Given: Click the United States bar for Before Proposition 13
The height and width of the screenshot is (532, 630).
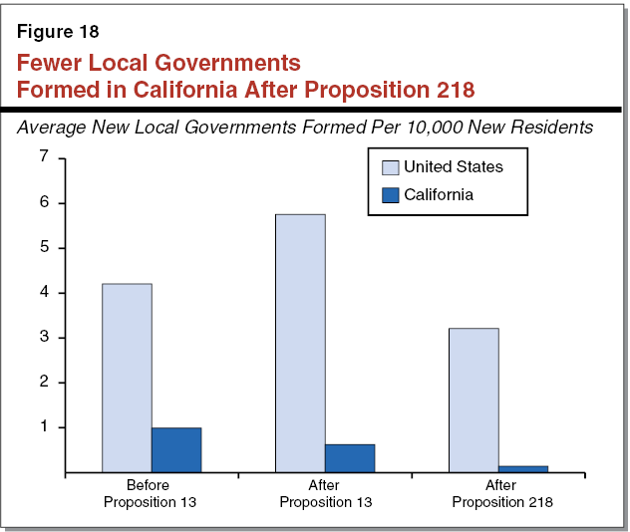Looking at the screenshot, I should [x=127, y=378].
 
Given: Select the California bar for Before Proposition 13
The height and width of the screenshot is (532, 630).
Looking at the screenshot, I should [x=176, y=449].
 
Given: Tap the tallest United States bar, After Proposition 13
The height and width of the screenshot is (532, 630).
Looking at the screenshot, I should [x=300, y=343].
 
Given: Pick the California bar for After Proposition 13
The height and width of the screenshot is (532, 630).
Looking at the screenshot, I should [x=350, y=458].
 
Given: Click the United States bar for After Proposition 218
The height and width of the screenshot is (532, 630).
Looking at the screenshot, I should [x=473, y=399].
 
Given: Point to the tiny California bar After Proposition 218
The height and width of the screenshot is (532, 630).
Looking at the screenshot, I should [x=523, y=468].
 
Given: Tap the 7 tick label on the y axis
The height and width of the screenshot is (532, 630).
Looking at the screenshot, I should [x=43, y=157].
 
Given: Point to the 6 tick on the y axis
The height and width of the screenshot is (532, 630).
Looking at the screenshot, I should [x=43, y=202].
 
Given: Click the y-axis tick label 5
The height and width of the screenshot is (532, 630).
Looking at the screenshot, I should [x=43, y=247].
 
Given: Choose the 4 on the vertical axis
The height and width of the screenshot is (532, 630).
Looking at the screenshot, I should [x=43, y=293].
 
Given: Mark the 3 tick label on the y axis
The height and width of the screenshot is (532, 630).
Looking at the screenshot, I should [x=43, y=338].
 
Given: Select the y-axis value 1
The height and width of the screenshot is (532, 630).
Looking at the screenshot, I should [x=43, y=427].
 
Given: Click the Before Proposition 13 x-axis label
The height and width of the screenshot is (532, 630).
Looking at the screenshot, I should [x=150, y=494].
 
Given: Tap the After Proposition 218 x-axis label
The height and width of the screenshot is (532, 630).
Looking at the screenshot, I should [x=501, y=494].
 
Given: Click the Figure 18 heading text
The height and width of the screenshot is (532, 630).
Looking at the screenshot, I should [x=57, y=31].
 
